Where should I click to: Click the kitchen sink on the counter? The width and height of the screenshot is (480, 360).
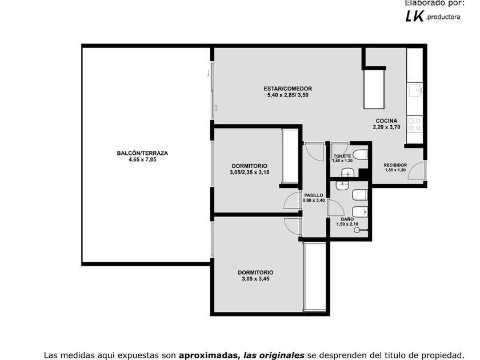tap(415, 90)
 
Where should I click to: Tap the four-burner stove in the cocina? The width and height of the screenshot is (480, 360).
tap(415, 125)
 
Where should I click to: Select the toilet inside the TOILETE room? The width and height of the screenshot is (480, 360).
tap(361, 155)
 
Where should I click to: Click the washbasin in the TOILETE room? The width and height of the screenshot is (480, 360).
tap(347, 173)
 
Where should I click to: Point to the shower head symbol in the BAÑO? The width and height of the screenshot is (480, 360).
tap(357, 230)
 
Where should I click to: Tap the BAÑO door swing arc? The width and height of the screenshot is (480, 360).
tap(336, 207)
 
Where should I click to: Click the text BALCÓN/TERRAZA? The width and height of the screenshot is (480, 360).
tap(142, 153)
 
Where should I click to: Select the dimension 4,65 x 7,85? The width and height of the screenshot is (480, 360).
tap(142, 159)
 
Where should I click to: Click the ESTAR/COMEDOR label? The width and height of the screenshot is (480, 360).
tap(288, 89)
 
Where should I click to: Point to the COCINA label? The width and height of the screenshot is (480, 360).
tap(386, 121)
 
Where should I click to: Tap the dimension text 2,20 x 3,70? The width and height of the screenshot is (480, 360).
tap(386, 127)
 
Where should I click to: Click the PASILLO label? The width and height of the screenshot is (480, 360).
tap(314, 195)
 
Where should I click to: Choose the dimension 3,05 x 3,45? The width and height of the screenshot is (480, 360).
tap(255, 279)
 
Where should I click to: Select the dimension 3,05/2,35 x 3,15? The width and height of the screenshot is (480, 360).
tap(250, 173)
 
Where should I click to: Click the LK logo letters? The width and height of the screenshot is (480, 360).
tap(414, 16)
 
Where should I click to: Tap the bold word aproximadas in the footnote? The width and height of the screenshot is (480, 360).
tap(209, 355)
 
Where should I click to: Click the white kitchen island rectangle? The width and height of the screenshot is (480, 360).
tap(374, 89)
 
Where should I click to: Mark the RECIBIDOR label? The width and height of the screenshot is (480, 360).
tap(395, 165)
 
